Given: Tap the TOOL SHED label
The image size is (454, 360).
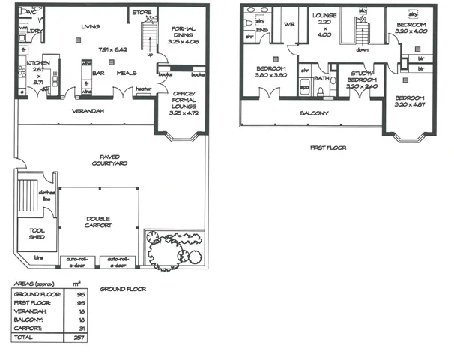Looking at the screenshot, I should point(35,234).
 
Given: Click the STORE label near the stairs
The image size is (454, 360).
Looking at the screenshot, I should point(141,13).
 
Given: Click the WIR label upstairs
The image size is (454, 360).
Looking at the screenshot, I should point(287,25).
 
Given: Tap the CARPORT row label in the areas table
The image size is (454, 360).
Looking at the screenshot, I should point(27,329).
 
